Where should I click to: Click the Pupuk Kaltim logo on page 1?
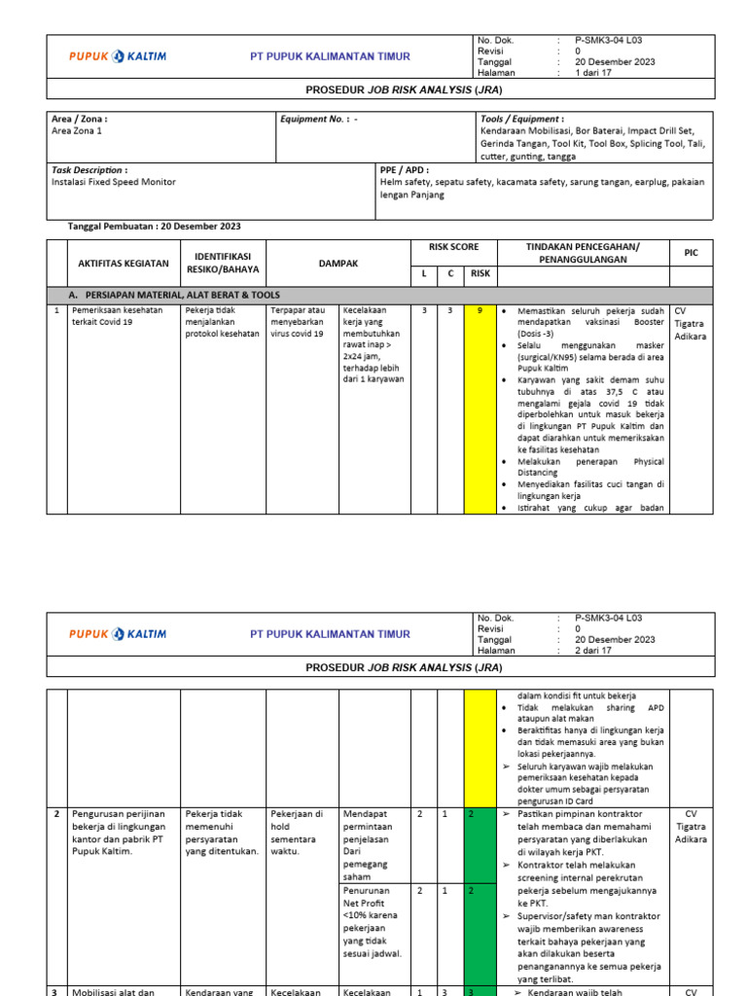click(118, 56)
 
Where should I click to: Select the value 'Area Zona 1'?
click(76, 130)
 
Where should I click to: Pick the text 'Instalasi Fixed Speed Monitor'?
click(114, 182)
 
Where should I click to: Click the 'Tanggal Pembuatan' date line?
click(154, 227)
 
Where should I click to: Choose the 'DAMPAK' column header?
click(338, 263)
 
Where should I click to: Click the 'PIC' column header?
click(691, 253)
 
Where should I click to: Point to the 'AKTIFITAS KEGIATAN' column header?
click(124, 263)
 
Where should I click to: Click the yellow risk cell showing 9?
click(480, 311)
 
